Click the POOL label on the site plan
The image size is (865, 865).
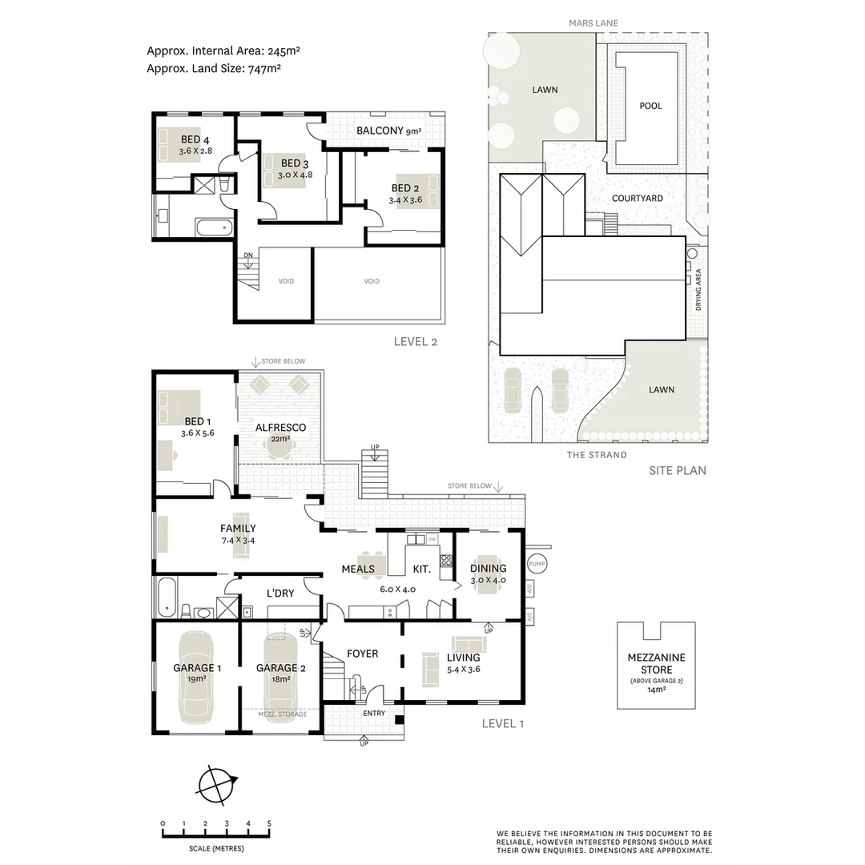[650, 106]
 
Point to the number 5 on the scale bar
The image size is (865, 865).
[269, 823]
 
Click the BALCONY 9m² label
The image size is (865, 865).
[388, 131]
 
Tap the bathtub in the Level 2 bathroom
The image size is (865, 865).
[214, 227]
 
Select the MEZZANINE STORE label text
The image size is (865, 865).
[656, 663]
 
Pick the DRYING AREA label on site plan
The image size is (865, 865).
[698, 292]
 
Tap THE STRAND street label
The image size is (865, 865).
[597, 455]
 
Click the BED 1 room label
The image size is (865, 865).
[198, 421]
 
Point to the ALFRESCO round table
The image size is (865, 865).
[277, 451]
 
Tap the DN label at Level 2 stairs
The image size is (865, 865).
[248, 255]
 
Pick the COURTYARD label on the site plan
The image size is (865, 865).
[637, 198]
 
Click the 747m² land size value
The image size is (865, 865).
[264, 69]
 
